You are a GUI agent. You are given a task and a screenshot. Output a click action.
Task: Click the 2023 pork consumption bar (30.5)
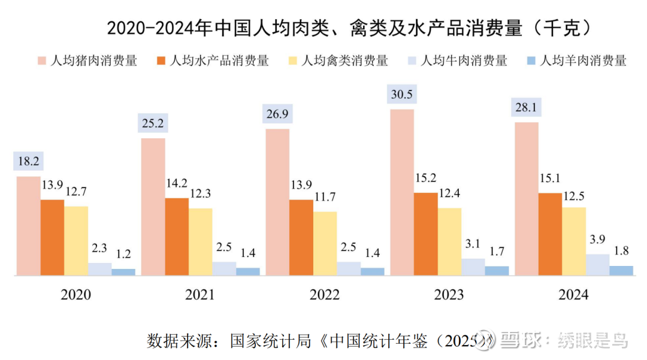point(402,192)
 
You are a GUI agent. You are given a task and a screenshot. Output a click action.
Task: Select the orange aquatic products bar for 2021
point(177,237)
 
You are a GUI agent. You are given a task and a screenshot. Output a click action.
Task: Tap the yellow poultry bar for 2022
point(325,243)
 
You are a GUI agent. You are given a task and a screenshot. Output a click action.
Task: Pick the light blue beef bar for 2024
point(597,265)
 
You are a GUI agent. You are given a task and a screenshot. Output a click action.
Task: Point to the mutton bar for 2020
point(123,272)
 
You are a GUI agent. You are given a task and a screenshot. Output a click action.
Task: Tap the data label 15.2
point(426,179)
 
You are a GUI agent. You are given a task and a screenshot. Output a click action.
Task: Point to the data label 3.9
point(597,240)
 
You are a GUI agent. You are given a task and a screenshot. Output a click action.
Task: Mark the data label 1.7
point(497,252)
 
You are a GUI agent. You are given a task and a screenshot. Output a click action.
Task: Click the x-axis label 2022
point(325,295)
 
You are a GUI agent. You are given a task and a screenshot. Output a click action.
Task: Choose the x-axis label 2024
point(573,295)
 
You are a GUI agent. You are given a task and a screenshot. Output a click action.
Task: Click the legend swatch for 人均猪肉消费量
point(41,60)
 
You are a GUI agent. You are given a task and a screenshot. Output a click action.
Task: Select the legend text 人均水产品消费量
point(219,60)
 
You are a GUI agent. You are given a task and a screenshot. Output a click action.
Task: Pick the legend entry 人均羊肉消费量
point(583,60)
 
